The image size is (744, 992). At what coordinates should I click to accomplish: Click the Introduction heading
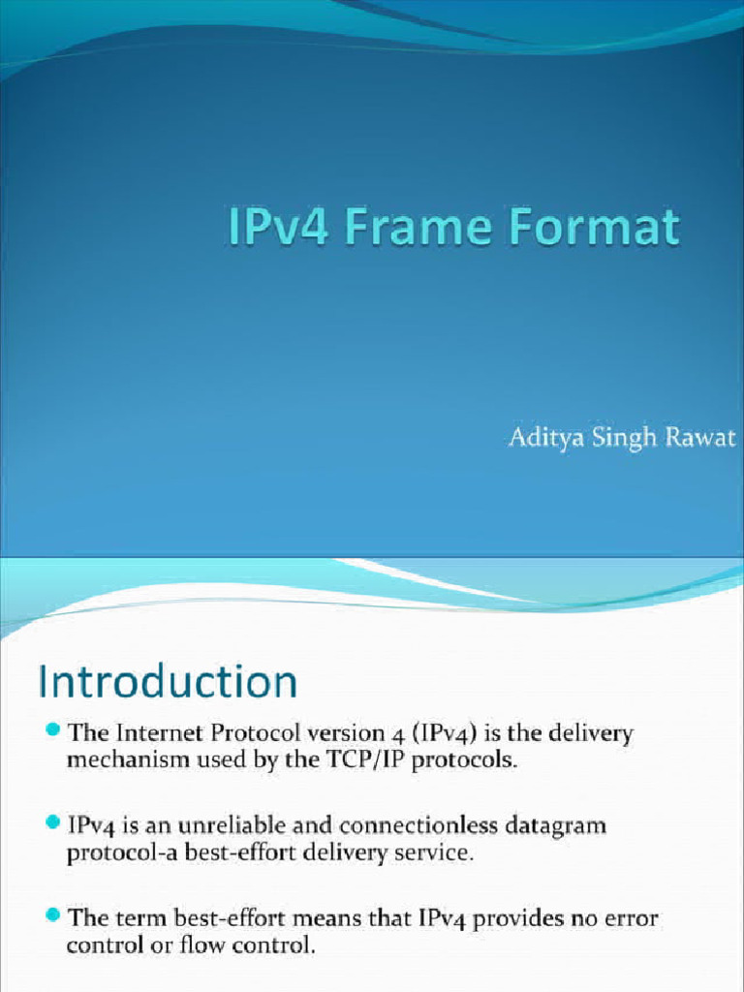coord(167,682)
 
